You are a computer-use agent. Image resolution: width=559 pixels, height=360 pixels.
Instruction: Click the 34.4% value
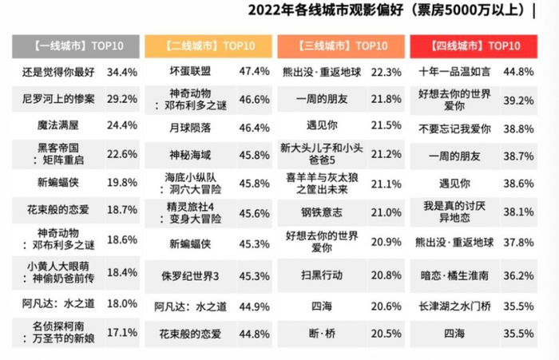(122, 72)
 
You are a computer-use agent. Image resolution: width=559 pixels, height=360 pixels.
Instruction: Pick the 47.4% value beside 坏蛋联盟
(254, 72)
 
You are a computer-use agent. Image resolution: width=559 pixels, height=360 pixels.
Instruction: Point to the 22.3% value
(386, 72)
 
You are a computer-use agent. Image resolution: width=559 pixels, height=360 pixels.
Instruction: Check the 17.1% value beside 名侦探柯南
(122, 329)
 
